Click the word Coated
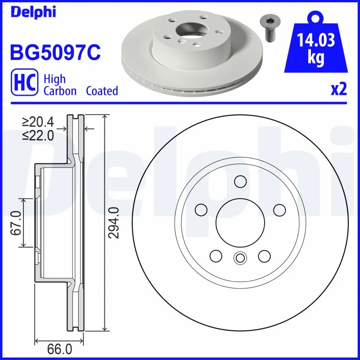(102, 91)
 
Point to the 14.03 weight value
(316, 41)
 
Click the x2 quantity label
(338, 90)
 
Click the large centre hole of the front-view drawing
(239, 223)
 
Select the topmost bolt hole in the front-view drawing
(240, 181)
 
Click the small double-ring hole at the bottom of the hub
(239, 258)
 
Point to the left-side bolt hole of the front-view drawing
(201, 210)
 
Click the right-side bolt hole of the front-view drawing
(279, 210)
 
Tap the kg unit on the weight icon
(316, 59)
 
